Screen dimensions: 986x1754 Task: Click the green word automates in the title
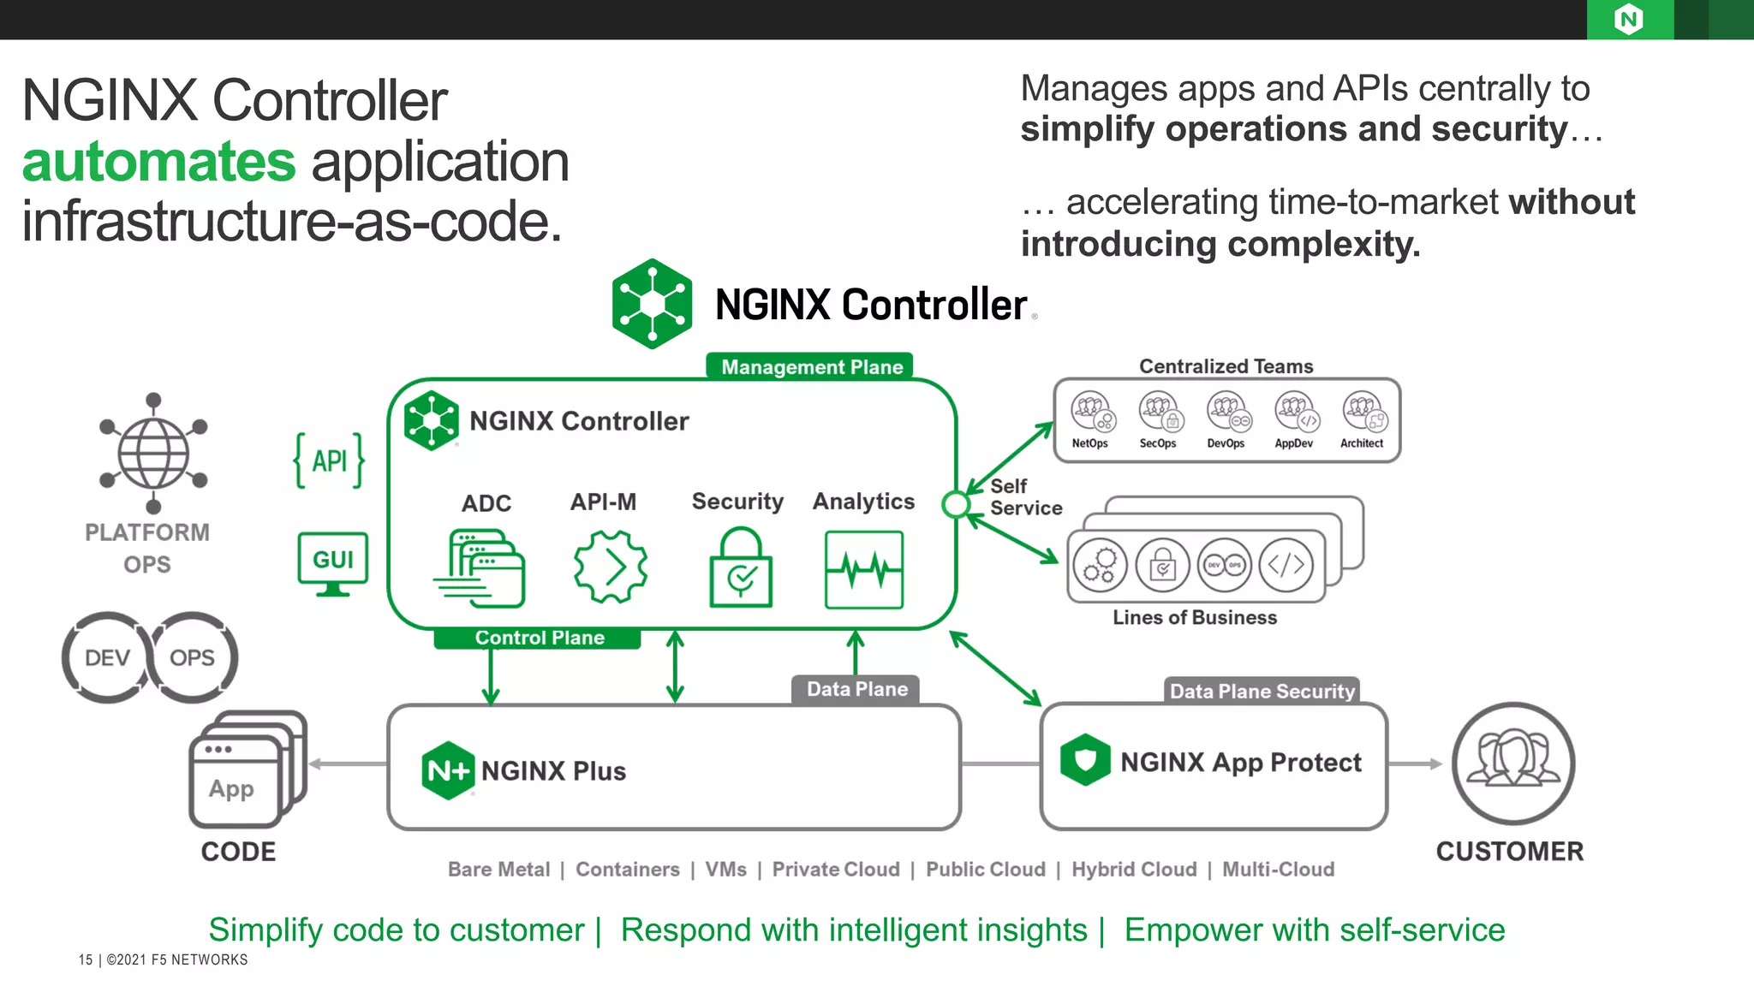[158, 162]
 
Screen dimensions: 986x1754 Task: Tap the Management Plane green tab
[810, 367]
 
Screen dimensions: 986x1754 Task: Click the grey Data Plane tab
[856, 690]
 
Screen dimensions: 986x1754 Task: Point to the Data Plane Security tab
[1262, 692]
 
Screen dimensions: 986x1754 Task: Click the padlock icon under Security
[741, 568]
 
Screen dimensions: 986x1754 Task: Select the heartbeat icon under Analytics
[863, 570]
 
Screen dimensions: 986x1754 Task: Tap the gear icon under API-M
[610, 567]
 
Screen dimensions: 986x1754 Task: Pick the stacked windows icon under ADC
[480, 568]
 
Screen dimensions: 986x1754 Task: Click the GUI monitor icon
[333, 563]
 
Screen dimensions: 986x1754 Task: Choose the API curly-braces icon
[329, 460]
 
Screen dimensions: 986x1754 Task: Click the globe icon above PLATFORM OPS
[153, 454]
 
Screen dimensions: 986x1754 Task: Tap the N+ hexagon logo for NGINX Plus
[447, 770]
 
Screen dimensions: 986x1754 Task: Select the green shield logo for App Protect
[1085, 759]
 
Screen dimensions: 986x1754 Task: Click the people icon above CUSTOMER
[1512, 763]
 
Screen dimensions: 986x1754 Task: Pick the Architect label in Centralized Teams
[1361, 443]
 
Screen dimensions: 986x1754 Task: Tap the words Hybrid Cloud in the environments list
[1134, 870]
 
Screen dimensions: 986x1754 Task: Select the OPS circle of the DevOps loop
[193, 657]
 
